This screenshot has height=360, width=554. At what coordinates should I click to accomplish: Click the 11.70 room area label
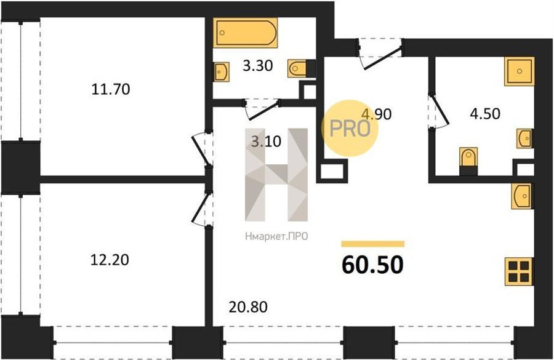click(111, 89)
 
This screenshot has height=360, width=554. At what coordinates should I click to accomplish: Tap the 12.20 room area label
click(110, 260)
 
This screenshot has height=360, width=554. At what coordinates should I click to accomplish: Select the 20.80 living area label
click(248, 307)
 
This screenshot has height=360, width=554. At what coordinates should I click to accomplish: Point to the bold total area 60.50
click(372, 265)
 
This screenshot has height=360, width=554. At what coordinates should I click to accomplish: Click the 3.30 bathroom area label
click(258, 66)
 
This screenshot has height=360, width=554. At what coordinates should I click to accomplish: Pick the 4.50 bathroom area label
click(485, 114)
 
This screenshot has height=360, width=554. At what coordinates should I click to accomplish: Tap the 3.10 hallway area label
click(266, 142)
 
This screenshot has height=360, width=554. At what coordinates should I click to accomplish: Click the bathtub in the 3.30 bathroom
click(245, 33)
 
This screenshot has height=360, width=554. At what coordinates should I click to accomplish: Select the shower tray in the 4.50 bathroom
click(519, 71)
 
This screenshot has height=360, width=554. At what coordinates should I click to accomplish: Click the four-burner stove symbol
click(519, 271)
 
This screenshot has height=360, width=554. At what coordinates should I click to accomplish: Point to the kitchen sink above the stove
click(522, 196)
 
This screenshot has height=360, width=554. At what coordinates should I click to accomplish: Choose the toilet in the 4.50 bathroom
click(468, 161)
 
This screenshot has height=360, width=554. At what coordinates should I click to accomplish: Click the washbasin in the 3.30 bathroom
click(222, 72)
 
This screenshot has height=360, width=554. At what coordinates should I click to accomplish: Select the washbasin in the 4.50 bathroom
click(525, 138)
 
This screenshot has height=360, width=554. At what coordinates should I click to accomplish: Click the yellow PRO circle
click(350, 129)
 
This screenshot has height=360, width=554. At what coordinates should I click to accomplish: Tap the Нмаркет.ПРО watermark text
click(276, 236)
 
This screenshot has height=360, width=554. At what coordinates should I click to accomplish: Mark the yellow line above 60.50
click(373, 244)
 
